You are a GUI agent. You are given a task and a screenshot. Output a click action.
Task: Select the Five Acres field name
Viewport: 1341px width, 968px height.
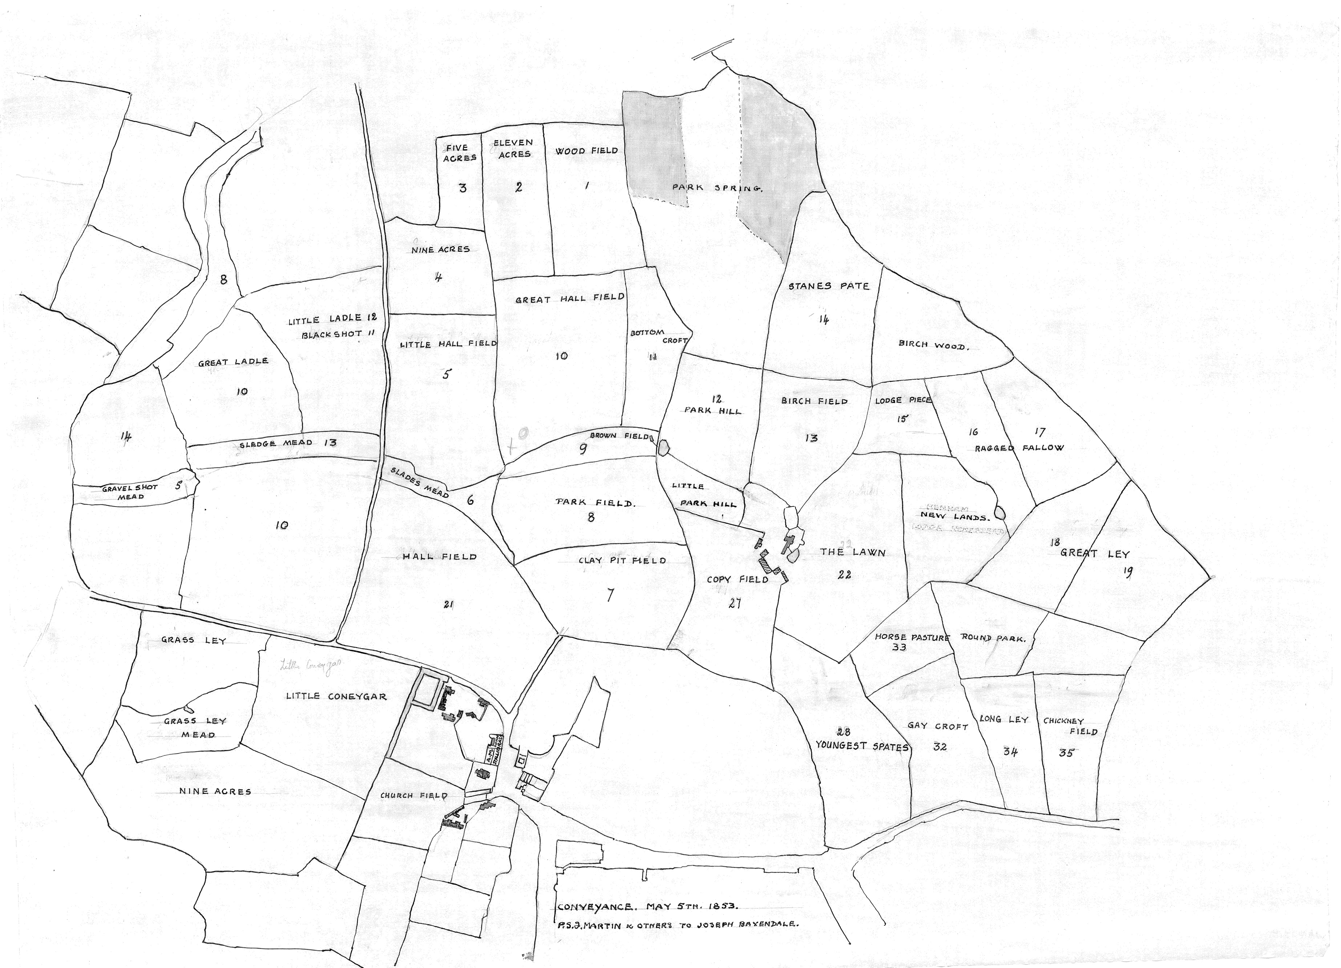(x=460, y=153)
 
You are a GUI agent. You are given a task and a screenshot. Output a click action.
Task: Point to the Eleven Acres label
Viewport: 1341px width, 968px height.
(x=513, y=148)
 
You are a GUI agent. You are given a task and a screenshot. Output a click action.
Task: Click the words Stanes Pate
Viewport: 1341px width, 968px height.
(x=829, y=286)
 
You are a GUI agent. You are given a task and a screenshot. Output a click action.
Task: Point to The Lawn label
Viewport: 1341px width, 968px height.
(x=852, y=552)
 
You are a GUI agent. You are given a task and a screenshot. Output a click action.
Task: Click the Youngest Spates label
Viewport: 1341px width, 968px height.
(x=861, y=746)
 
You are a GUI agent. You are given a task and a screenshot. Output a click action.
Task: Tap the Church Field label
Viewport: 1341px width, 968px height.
(x=413, y=796)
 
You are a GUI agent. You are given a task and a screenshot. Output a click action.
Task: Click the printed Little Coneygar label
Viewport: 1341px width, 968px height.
(x=336, y=697)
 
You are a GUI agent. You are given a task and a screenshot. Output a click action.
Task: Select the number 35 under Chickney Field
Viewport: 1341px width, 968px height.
(x=1066, y=753)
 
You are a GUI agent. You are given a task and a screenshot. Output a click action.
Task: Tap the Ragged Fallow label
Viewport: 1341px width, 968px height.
(x=1019, y=448)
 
